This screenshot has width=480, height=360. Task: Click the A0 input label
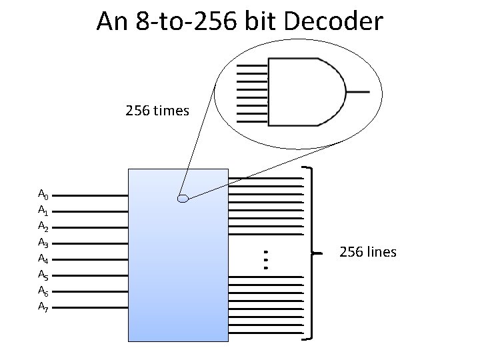coord(42,195)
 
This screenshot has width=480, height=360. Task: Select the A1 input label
coord(42,211)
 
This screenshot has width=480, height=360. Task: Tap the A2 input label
coord(42,227)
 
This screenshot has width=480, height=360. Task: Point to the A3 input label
coord(42,243)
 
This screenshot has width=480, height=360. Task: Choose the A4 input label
coord(42,259)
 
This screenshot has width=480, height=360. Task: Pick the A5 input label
coord(42,275)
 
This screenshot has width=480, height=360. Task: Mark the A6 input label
coord(42,291)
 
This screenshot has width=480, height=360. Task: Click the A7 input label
coord(42,307)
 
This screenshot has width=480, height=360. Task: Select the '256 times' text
coord(157,110)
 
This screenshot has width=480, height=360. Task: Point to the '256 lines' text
coord(368,252)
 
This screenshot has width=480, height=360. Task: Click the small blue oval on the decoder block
coord(183,198)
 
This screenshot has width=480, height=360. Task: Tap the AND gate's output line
coord(358,92)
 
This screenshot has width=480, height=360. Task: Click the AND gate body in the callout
coord(303,92)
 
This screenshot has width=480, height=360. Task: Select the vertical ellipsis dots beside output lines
coord(265,259)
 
